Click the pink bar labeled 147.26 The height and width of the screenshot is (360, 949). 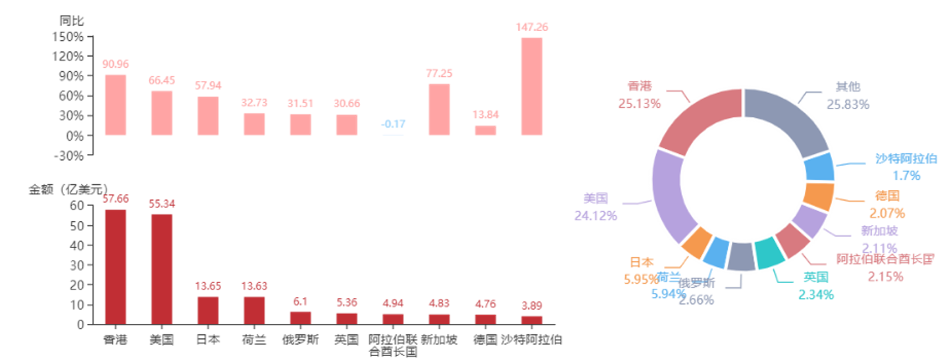[x=532, y=86]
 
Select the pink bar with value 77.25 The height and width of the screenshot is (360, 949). [x=439, y=109]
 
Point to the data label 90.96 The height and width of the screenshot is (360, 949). [x=116, y=64]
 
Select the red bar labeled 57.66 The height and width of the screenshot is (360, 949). [x=116, y=266]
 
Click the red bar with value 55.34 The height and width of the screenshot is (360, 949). [x=162, y=268]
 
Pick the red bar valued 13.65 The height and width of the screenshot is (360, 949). [x=208, y=309]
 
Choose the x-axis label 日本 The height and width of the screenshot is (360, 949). [x=208, y=340]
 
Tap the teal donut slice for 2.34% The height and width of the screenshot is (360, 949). [x=765, y=254]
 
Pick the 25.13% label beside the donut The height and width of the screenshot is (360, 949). [x=640, y=103]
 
